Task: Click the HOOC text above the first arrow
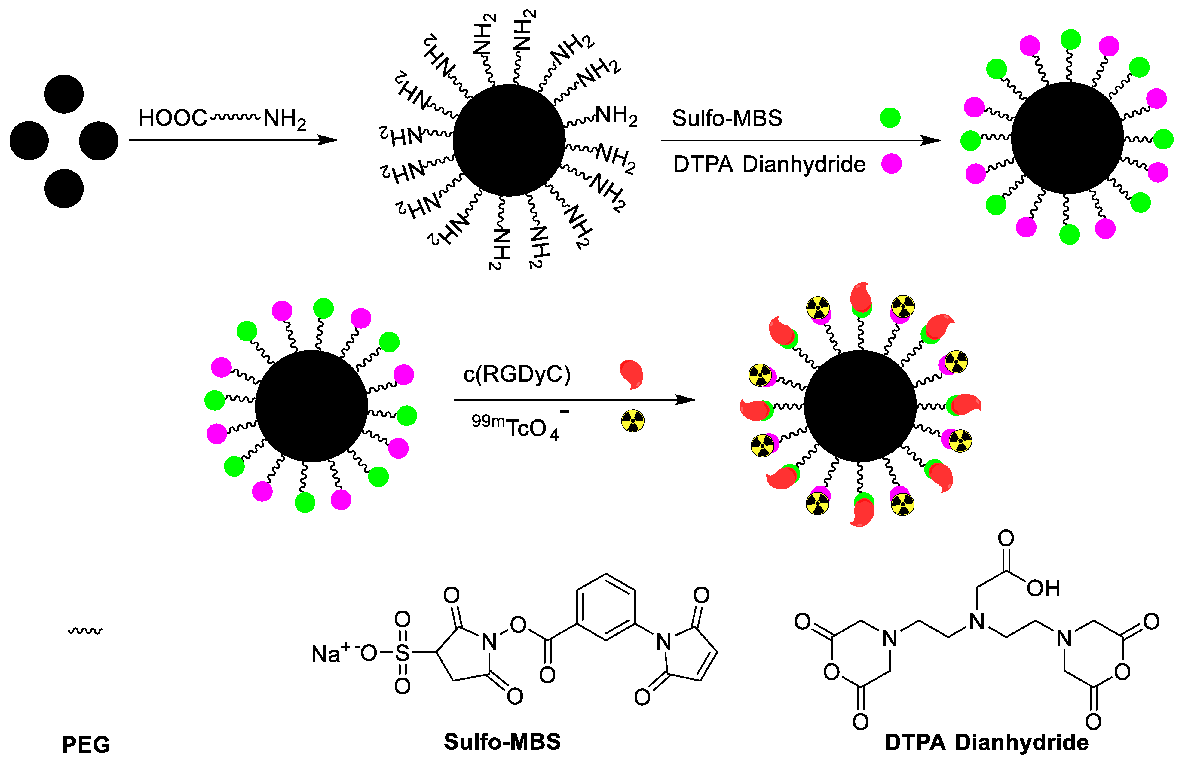coord(173,118)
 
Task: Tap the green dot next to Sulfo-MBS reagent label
coord(890,118)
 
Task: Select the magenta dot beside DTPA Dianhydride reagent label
coord(892,164)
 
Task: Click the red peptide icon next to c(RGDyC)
coord(632,374)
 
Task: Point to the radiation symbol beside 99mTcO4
coord(633,421)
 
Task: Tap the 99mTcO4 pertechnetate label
coord(515,427)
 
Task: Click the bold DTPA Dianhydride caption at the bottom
coord(987,742)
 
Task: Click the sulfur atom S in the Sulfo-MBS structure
coord(402,653)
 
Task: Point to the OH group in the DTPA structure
coord(1043,588)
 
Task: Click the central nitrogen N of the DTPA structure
coord(976,622)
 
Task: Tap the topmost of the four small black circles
coord(64,94)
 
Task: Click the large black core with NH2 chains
coord(509,140)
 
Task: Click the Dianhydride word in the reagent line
coord(804,164)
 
